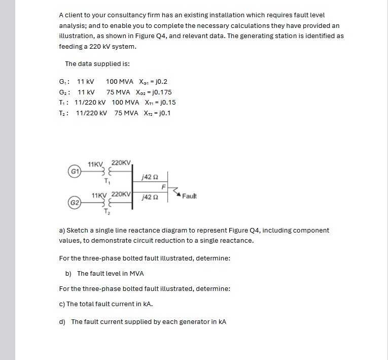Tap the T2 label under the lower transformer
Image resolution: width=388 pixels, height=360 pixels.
[106, 212]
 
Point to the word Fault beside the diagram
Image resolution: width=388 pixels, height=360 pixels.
[189, 196]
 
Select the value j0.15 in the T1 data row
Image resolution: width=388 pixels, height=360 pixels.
[165, 103]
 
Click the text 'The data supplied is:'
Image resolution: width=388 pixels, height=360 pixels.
[97, 64]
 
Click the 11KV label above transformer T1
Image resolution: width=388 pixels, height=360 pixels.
[96, 165]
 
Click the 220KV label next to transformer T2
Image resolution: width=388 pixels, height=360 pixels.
[122, 194]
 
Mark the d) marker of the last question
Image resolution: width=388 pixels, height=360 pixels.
[63, 321]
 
